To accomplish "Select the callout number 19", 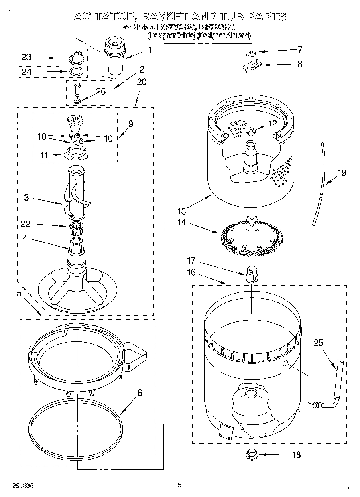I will click(x=342, y=173).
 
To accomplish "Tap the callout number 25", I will click(x=318, y=343).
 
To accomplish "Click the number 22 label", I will click(x=26, y=225).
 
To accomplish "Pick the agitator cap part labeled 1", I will click(x=115, y=55).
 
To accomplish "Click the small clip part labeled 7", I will click(x=251, y=53).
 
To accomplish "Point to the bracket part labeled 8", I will click(x=252, y=65).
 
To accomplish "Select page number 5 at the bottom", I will click(x=180, y=485).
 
